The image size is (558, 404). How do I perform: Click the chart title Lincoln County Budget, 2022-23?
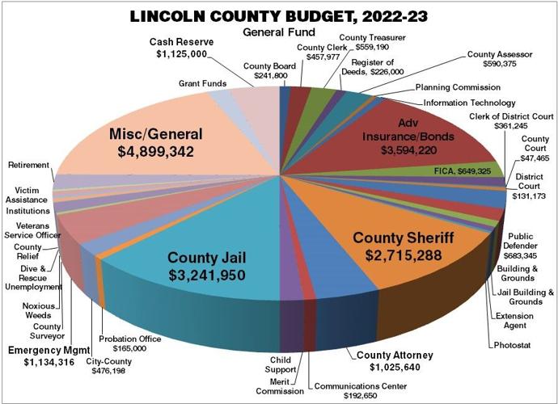tap(280, 15)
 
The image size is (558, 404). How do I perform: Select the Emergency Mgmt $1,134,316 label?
tap(45, 356)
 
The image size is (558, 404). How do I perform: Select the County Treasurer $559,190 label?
tap(372, 42)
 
